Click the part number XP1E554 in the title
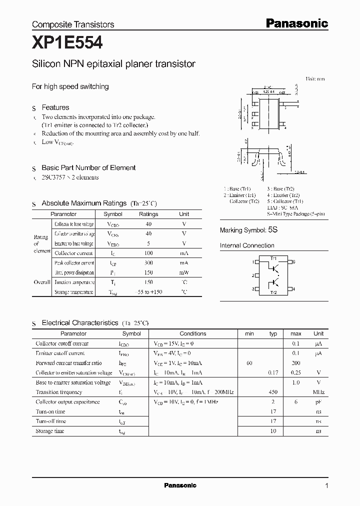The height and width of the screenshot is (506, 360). click(x=67, y=43)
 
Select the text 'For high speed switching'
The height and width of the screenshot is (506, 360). click(x=70, y=86)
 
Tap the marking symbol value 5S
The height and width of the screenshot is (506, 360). click(x=272, y=230)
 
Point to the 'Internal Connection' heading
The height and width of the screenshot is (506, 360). click(x=247, y=245)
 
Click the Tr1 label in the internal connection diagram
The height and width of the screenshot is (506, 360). click(x=273, y=258)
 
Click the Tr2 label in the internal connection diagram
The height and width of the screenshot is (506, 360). click(x=273, y=292)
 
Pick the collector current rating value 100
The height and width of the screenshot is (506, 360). click(x=148, y=253)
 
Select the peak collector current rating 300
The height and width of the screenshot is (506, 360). click(x=148, y=263)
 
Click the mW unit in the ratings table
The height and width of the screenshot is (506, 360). click(x=184, y=272)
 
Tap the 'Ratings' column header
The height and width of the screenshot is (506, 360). click(x=148, y=214)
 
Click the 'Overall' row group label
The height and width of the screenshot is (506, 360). click(x=42, y=282)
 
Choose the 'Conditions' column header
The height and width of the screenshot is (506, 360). click(x=193, y=333)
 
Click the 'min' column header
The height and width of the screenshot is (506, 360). click(x=249, y=333)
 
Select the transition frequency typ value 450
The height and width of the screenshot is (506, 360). click(x=273, y=392)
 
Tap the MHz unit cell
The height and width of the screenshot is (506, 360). click(x=318, y=392)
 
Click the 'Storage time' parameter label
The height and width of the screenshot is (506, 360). click(x=50, y=431)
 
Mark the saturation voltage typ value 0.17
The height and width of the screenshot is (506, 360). click(x=273, y=373)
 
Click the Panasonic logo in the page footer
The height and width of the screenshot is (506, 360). click(x=180, y=485)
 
